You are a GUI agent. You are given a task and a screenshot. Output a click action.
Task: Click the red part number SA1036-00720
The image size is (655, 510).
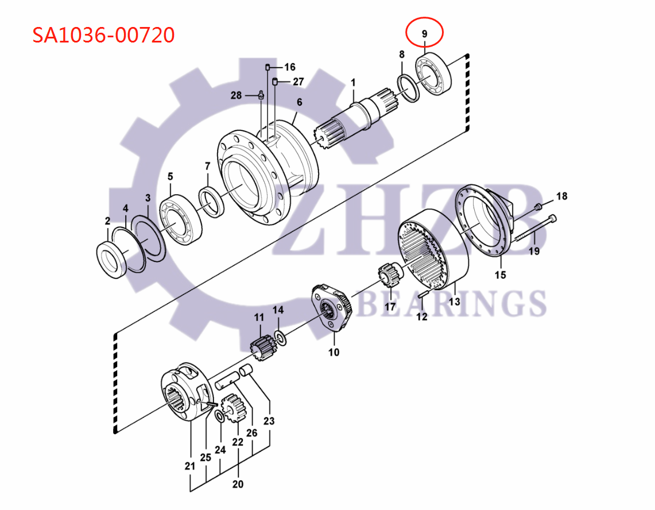103,36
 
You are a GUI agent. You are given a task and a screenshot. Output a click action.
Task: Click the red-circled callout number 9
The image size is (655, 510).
424,34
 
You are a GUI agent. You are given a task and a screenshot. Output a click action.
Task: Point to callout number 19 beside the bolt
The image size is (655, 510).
534,250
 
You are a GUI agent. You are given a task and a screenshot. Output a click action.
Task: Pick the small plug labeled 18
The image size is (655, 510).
538,207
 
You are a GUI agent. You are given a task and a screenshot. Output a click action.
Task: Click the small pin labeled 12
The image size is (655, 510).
423,294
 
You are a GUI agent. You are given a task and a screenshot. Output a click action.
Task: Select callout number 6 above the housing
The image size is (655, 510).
299,103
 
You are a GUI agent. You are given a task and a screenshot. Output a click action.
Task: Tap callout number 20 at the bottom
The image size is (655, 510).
238,484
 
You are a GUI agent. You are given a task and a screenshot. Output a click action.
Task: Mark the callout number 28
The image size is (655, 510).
236,95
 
